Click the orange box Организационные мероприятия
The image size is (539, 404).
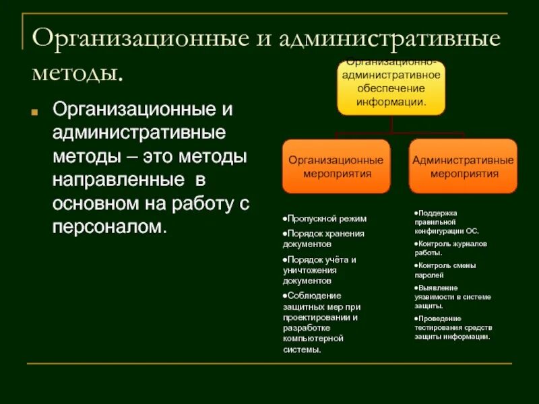tap(336, 166)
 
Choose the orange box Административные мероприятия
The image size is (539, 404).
tap(463, 166)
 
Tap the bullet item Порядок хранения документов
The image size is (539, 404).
tap(323, 239)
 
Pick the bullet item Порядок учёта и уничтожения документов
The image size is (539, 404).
tap(319, 269)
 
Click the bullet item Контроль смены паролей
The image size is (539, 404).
tap(447, 270)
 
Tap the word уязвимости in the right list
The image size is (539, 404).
tap(435, 297)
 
